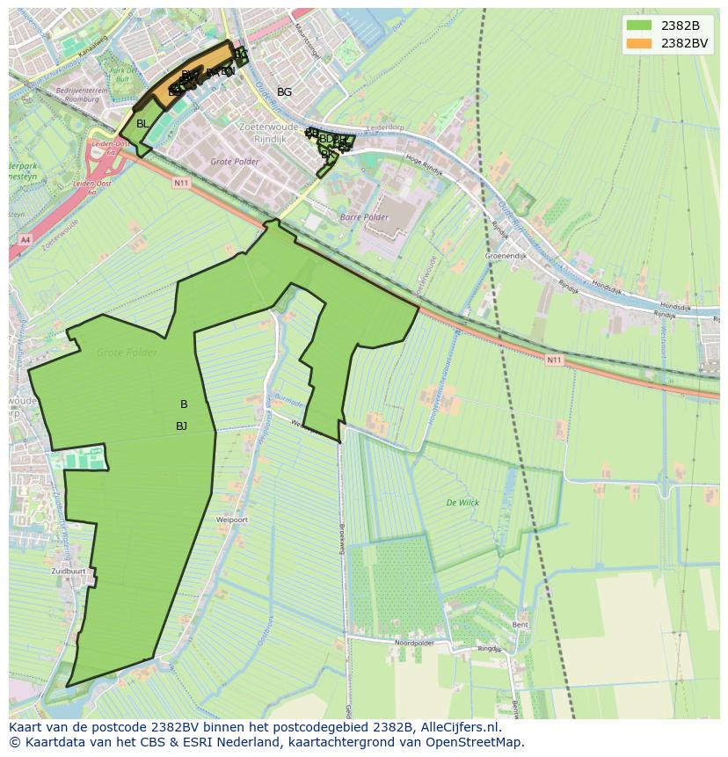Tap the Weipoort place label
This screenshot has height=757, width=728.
[232, 520]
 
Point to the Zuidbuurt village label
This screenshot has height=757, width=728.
[69, 571]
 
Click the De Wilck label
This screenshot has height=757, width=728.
[462, 504]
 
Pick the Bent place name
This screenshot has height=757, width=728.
[521, 624]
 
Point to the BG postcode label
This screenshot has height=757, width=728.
[284, 92]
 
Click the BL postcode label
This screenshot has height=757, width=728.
[142, 124]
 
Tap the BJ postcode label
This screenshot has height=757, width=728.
[181, 426]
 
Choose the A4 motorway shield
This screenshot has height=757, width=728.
[24, 238]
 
